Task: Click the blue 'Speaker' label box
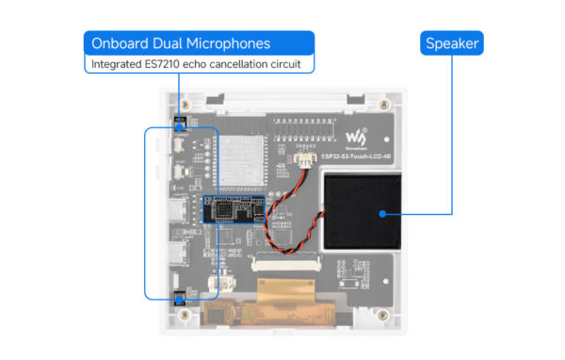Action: tap(453, 43)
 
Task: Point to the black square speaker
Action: tap(363, 212)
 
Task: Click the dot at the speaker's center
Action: tap(381, 213)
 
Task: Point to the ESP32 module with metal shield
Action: tap(235, 156)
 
